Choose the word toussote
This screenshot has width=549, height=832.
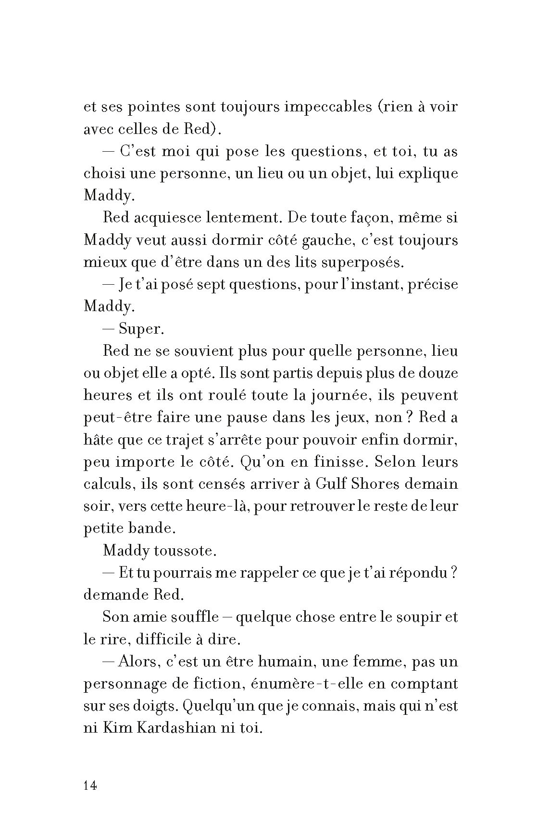[185, 551]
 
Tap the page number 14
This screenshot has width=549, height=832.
[90, 786]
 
